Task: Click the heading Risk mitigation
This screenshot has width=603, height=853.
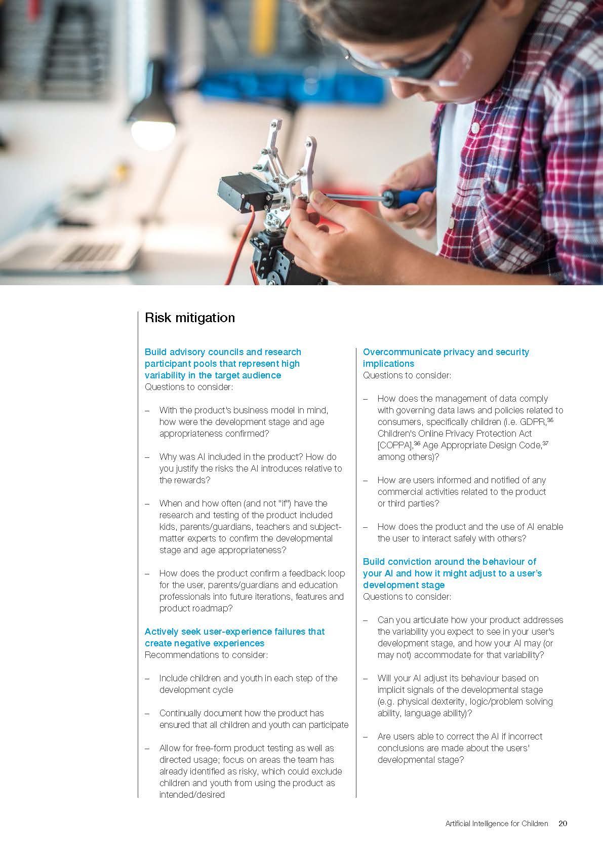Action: (190, 318)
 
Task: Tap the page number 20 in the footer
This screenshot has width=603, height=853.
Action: (562, 823)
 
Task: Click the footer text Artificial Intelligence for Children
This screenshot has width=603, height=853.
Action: (496, 823)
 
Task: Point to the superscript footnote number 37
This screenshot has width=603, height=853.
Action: (545, 443)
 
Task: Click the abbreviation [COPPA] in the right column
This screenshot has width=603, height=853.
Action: (395, 445)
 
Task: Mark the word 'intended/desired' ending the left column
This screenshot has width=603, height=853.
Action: (192, 795)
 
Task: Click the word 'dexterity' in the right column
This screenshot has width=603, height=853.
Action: (446, 702)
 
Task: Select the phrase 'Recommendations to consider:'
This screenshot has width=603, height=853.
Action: (206, 655)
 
